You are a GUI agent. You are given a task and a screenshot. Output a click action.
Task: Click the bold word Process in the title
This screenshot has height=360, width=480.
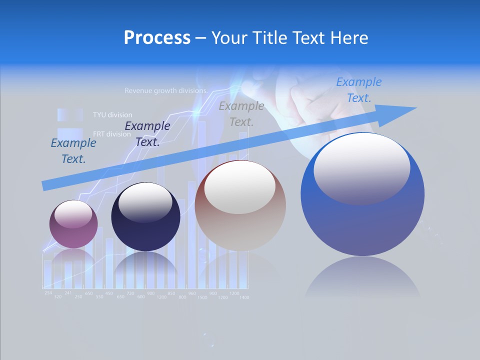click(x=157, y=38)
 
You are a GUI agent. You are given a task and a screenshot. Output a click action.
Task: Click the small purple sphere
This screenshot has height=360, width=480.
click(x=73, y=224)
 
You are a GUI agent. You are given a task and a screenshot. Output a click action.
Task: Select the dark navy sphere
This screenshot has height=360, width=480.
click(x=145, y=217)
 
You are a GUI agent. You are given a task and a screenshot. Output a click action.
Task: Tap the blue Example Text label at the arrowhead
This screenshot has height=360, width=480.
click(x=358, y=90)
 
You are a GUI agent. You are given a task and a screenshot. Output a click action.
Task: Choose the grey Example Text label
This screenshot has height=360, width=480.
click(x=241, y=114)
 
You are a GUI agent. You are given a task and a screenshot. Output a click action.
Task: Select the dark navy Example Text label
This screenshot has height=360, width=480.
click(x=147, y=134)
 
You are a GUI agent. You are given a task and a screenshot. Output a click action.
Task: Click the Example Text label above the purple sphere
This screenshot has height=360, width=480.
click(x=73, y=151)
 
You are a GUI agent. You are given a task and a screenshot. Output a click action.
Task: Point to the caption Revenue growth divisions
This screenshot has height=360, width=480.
click(x=166, y=91)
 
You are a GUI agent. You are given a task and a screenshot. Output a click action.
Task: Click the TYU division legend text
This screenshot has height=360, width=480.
click(x=112, y=115)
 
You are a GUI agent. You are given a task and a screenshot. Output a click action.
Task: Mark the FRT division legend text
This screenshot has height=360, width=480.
click(x=111, y=134)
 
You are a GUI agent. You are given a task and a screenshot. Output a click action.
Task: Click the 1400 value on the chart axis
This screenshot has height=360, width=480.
click(x=243, y=297)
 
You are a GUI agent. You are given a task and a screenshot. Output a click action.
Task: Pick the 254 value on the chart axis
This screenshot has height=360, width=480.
click(x=48, y=293)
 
